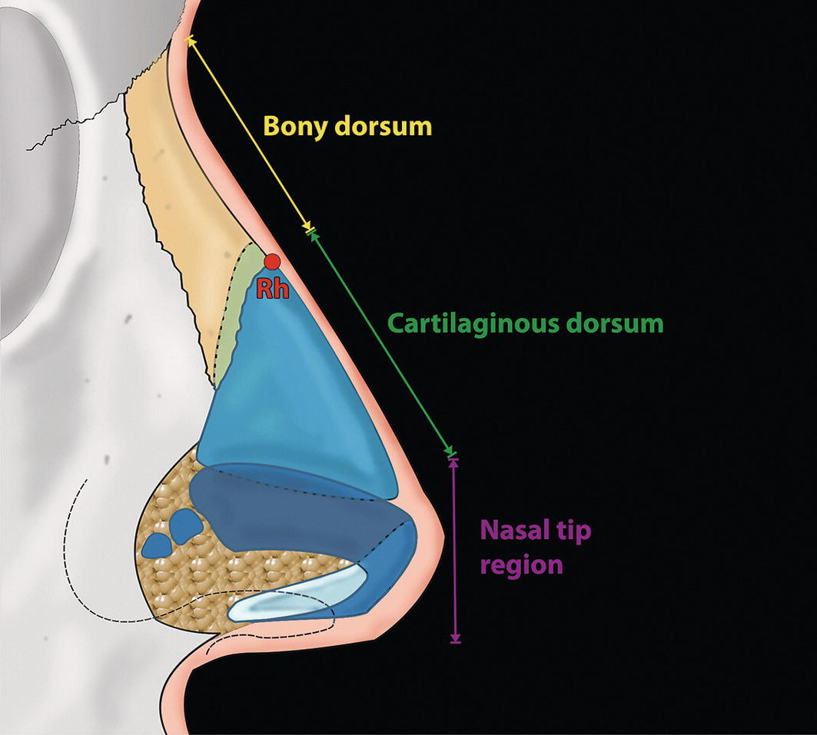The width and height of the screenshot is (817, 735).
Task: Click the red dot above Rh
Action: coord(272,261)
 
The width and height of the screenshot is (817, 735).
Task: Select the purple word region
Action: coord(521,565)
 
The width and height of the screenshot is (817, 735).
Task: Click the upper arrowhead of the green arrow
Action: coord(312,233)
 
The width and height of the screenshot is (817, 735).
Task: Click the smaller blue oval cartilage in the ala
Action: coord(158,545)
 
